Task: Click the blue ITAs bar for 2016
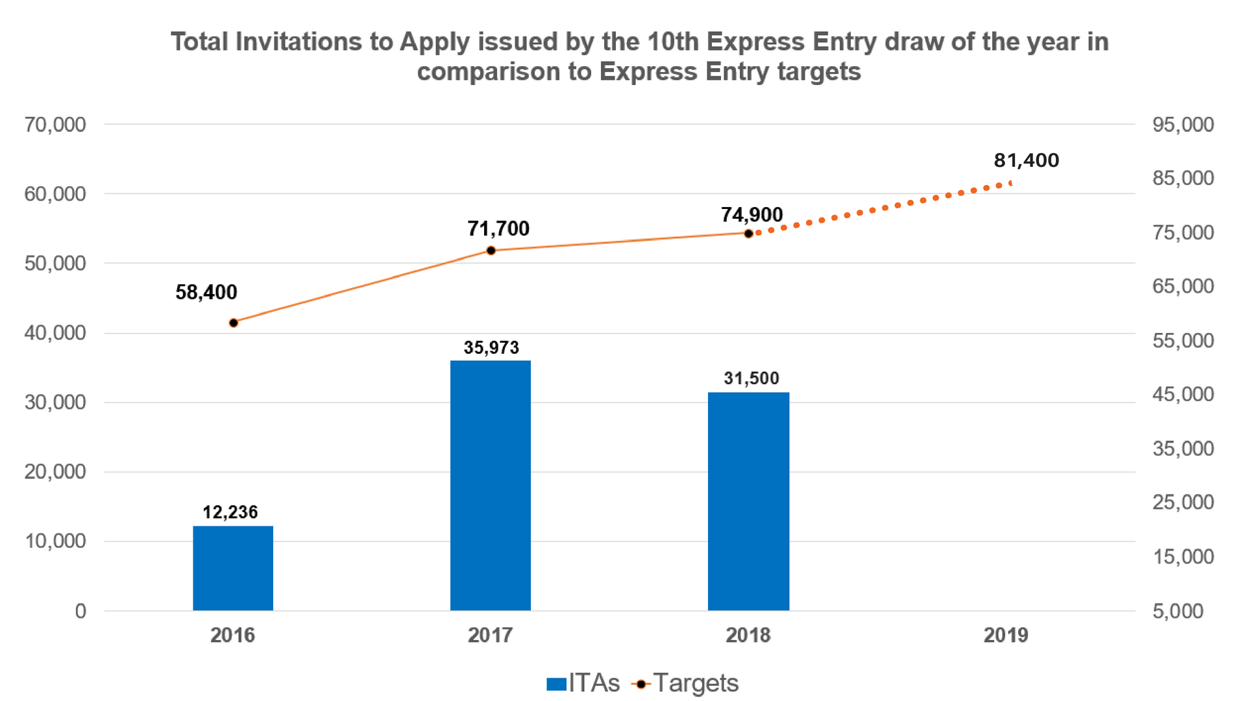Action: [233, 568]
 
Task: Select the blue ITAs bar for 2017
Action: [491, 486]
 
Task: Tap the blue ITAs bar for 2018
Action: [748, 501]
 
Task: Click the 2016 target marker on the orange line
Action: [234, 323]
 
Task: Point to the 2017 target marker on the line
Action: [491, 251]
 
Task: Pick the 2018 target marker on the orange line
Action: [748, 234]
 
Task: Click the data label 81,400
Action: [1026, 160]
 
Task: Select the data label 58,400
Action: [206, 292]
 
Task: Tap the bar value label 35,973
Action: [491, 348]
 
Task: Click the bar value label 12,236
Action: [230, 513]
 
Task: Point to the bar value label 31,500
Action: [751, 378]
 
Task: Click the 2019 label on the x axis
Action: [1006, 635]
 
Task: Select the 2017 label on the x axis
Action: [491, 635]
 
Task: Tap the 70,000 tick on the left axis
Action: [55, 125]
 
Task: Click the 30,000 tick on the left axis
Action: [55, 402]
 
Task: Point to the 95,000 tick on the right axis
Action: [1183, 125]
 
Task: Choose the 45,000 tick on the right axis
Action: [1183, 394]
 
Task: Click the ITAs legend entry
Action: [583, 683]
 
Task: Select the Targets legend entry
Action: [685, 683]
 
